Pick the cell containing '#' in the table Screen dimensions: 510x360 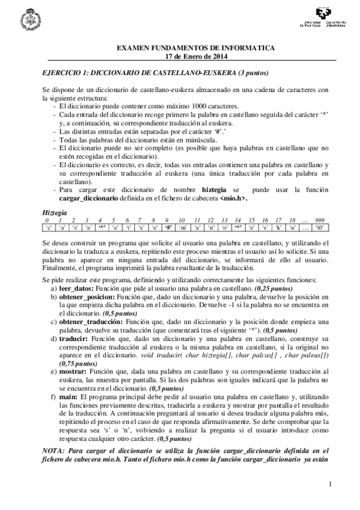168,229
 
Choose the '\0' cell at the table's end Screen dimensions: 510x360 320,229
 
